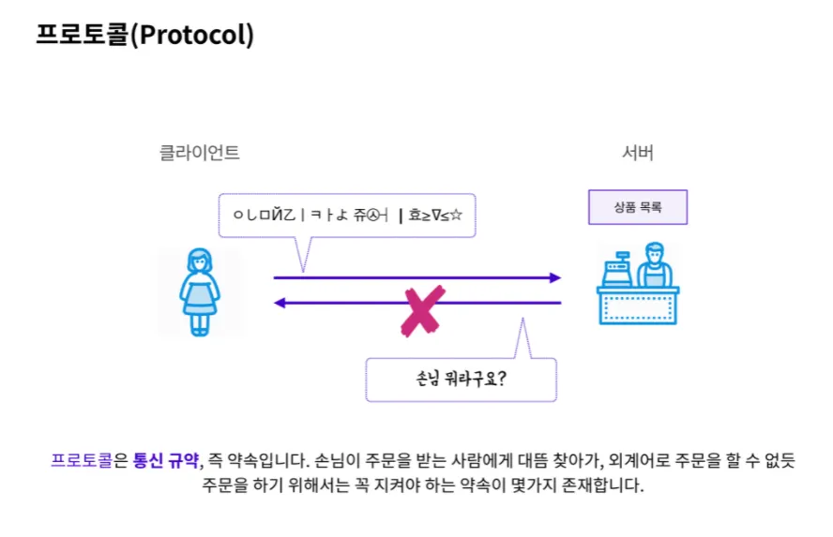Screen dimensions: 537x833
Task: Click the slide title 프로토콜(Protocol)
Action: coord(145,35)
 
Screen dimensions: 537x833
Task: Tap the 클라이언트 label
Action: coord(200,153)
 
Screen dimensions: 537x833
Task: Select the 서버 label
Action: coord(638,153)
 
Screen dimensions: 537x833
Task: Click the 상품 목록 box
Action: coord(638,207)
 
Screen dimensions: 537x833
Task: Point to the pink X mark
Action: coord(421,310)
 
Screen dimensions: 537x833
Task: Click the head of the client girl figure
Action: coord(199,261)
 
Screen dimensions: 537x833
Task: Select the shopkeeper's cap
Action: coord(654,247)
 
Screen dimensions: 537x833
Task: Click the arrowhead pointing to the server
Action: coord(554,277)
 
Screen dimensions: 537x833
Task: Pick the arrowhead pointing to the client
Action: coord(279,303)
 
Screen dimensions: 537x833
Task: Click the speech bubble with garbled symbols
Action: coord(347,216)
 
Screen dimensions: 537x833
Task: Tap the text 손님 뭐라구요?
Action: coord(461,380)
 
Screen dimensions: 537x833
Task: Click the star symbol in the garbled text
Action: coord(456,216)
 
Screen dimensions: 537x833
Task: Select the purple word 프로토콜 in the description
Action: coord(82,460)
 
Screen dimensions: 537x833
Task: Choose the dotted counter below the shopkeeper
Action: coord(638,306)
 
